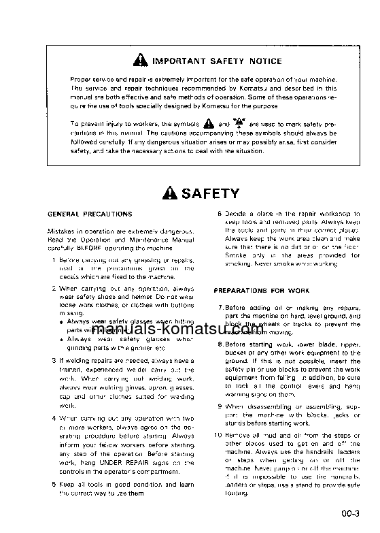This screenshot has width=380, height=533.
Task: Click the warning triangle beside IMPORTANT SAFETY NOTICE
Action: coord(141,61)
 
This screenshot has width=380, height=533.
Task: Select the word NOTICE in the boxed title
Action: coord(264,61)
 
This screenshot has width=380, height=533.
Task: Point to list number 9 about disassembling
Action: coord(220,406)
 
